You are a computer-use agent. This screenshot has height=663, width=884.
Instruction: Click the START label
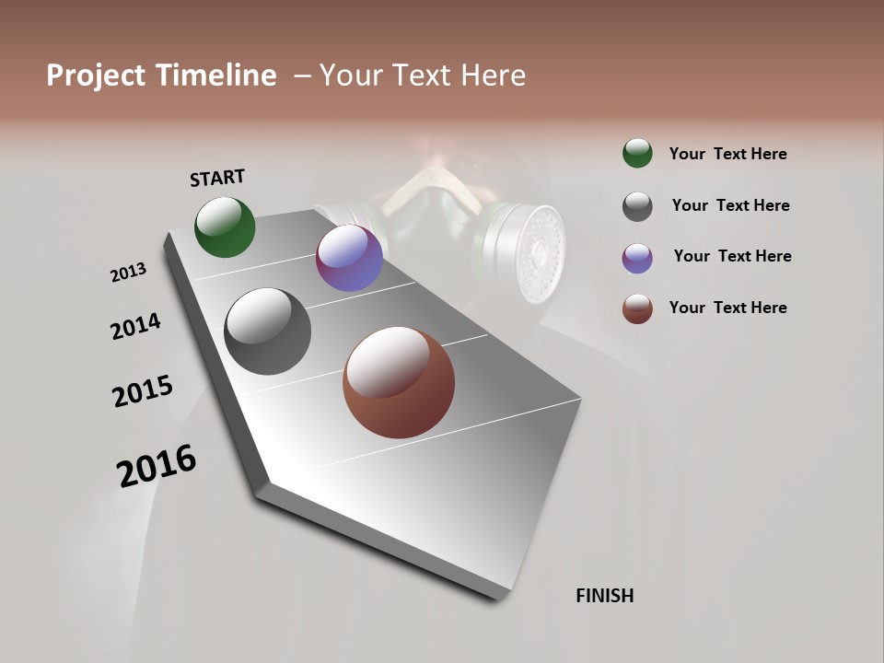[x=217, y=178]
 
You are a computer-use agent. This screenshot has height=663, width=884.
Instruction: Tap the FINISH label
[x=604, y=596]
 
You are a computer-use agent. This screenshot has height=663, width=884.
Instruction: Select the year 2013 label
[x=128, y=273]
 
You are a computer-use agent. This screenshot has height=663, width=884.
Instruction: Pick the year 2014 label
[x=135, y=326]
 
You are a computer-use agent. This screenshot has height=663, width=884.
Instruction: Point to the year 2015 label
[x=143, y=391]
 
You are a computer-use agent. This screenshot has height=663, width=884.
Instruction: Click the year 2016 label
[x=157, y=466]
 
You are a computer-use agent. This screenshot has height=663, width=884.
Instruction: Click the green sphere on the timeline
[x=225, y=227]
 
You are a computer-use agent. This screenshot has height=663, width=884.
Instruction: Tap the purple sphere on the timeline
[x=349, y=259]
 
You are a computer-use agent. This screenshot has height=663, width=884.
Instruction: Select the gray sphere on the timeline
[x=267, y=331]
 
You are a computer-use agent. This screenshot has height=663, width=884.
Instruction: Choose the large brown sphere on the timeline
[x=399, y=382]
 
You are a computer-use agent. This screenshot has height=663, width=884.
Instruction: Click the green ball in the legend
[x=637, y=153]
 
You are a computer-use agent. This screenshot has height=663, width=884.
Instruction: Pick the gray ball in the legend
[x=637, y=206]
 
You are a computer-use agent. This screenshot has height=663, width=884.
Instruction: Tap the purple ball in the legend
[x=637, y=258]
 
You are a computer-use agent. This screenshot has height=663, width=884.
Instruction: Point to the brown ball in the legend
[x=637, y=308]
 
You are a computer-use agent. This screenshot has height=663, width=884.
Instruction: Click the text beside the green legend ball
[x=727, y=154]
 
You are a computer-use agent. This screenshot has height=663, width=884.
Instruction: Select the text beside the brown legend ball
[x=727, y=308]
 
